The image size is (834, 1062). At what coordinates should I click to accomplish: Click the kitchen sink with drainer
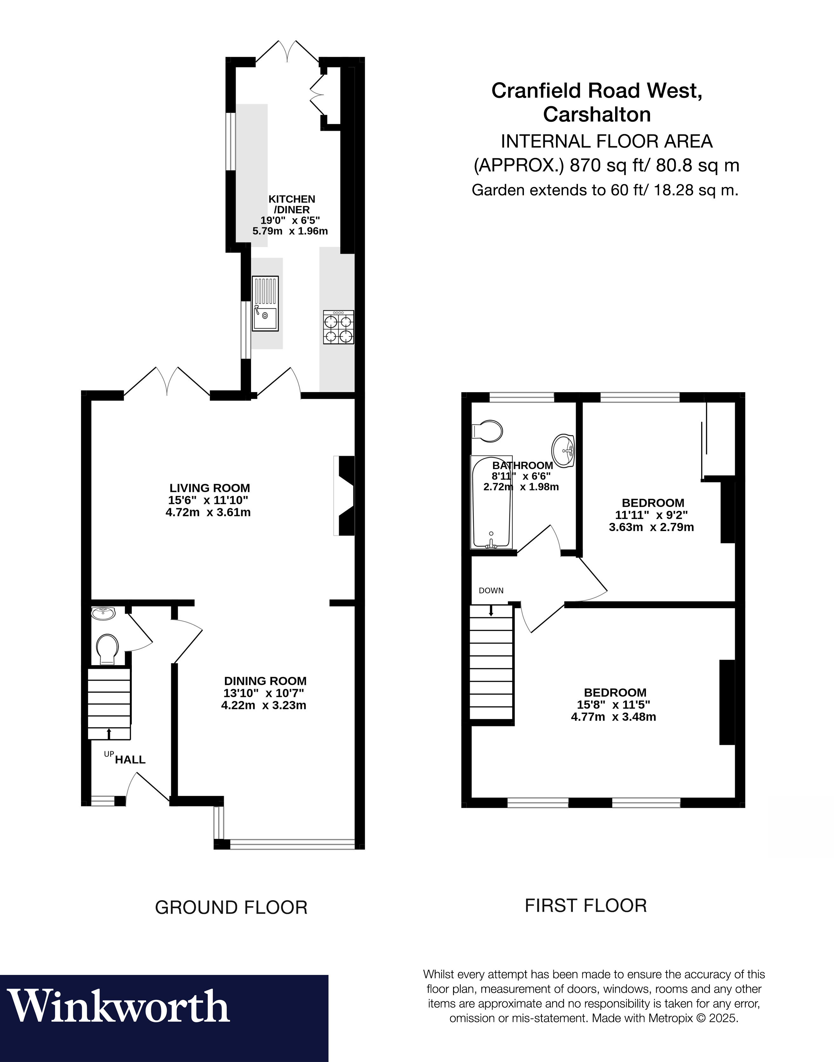265,303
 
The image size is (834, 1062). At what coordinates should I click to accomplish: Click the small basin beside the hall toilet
104,613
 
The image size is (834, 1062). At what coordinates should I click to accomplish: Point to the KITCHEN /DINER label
292,204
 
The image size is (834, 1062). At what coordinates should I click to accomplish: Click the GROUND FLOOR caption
231,907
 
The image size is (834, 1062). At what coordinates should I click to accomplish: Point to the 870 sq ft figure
606,166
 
